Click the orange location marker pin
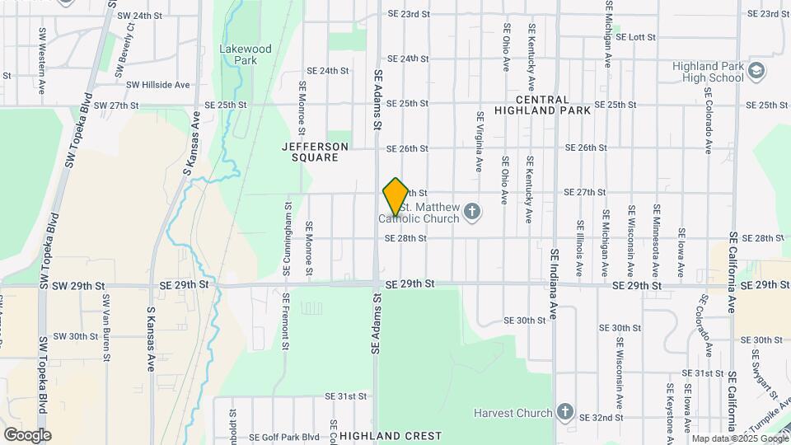[395, 197]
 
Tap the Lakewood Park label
[245, 54]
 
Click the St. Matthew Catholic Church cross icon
[472, 213]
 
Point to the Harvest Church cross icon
[564, 411]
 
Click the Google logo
[27, 434]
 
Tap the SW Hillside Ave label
[158, 85]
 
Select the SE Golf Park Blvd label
[283, 438]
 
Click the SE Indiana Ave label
[555, 285]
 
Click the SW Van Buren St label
[106, 327]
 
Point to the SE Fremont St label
[285, 322]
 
